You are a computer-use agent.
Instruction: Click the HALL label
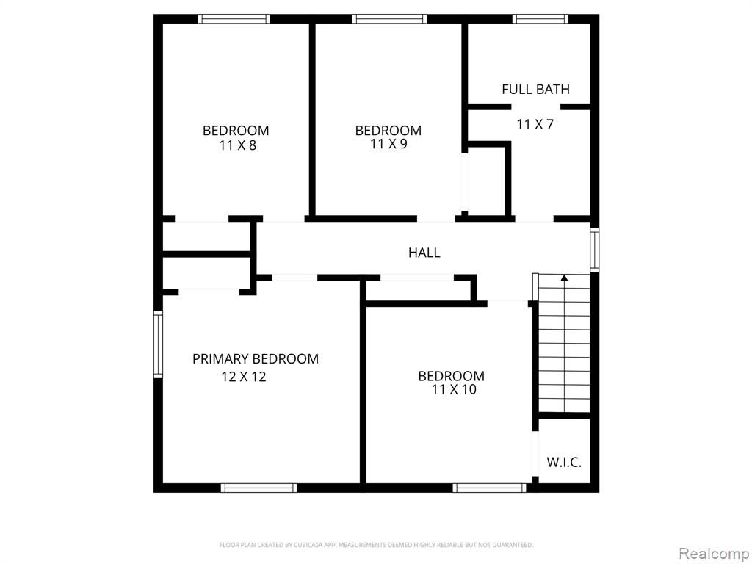click(424, 253)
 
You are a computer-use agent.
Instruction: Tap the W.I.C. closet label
click(564, 463)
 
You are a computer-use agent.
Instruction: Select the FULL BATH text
click(535, 89)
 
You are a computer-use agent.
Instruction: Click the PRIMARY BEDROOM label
click(255, 358)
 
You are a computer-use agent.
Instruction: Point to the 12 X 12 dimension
click(244, 377)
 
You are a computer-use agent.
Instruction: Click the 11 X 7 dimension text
click(535, 125)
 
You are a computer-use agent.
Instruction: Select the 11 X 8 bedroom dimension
click(238, 145)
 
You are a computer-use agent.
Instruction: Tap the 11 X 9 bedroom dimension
click(389, 144)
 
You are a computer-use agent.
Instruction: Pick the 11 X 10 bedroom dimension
click(454, 389)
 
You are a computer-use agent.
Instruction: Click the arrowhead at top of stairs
click(565, 277)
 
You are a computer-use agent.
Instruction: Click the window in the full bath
click(540, 19)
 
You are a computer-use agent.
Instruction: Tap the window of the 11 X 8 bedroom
click(234, 19)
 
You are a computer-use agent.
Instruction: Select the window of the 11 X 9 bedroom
click(389, 19)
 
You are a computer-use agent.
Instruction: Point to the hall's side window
click(595, 250)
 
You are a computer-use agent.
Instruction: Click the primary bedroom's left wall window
click(158, 344)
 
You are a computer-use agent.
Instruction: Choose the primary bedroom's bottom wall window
click(259, 488)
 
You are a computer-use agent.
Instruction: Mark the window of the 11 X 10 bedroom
click(490, 488)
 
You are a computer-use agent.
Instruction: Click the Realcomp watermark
click(715, 554)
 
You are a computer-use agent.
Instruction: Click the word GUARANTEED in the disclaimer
click(514, 545)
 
